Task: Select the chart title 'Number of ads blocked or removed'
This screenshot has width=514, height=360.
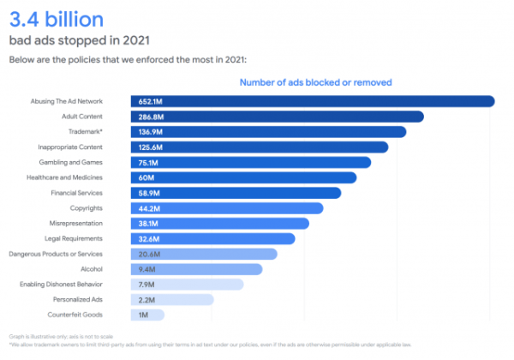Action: (314, 82)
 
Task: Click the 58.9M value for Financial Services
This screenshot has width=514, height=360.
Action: (150, 193)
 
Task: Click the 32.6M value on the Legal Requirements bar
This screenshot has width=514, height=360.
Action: (150, 238)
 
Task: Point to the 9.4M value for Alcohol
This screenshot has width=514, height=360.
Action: (147, 269)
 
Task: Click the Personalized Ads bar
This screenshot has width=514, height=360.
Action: (171, 299)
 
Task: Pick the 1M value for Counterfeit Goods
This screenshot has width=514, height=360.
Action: (144, 315)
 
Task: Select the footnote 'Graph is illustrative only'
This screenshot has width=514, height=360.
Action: (67, 337)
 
